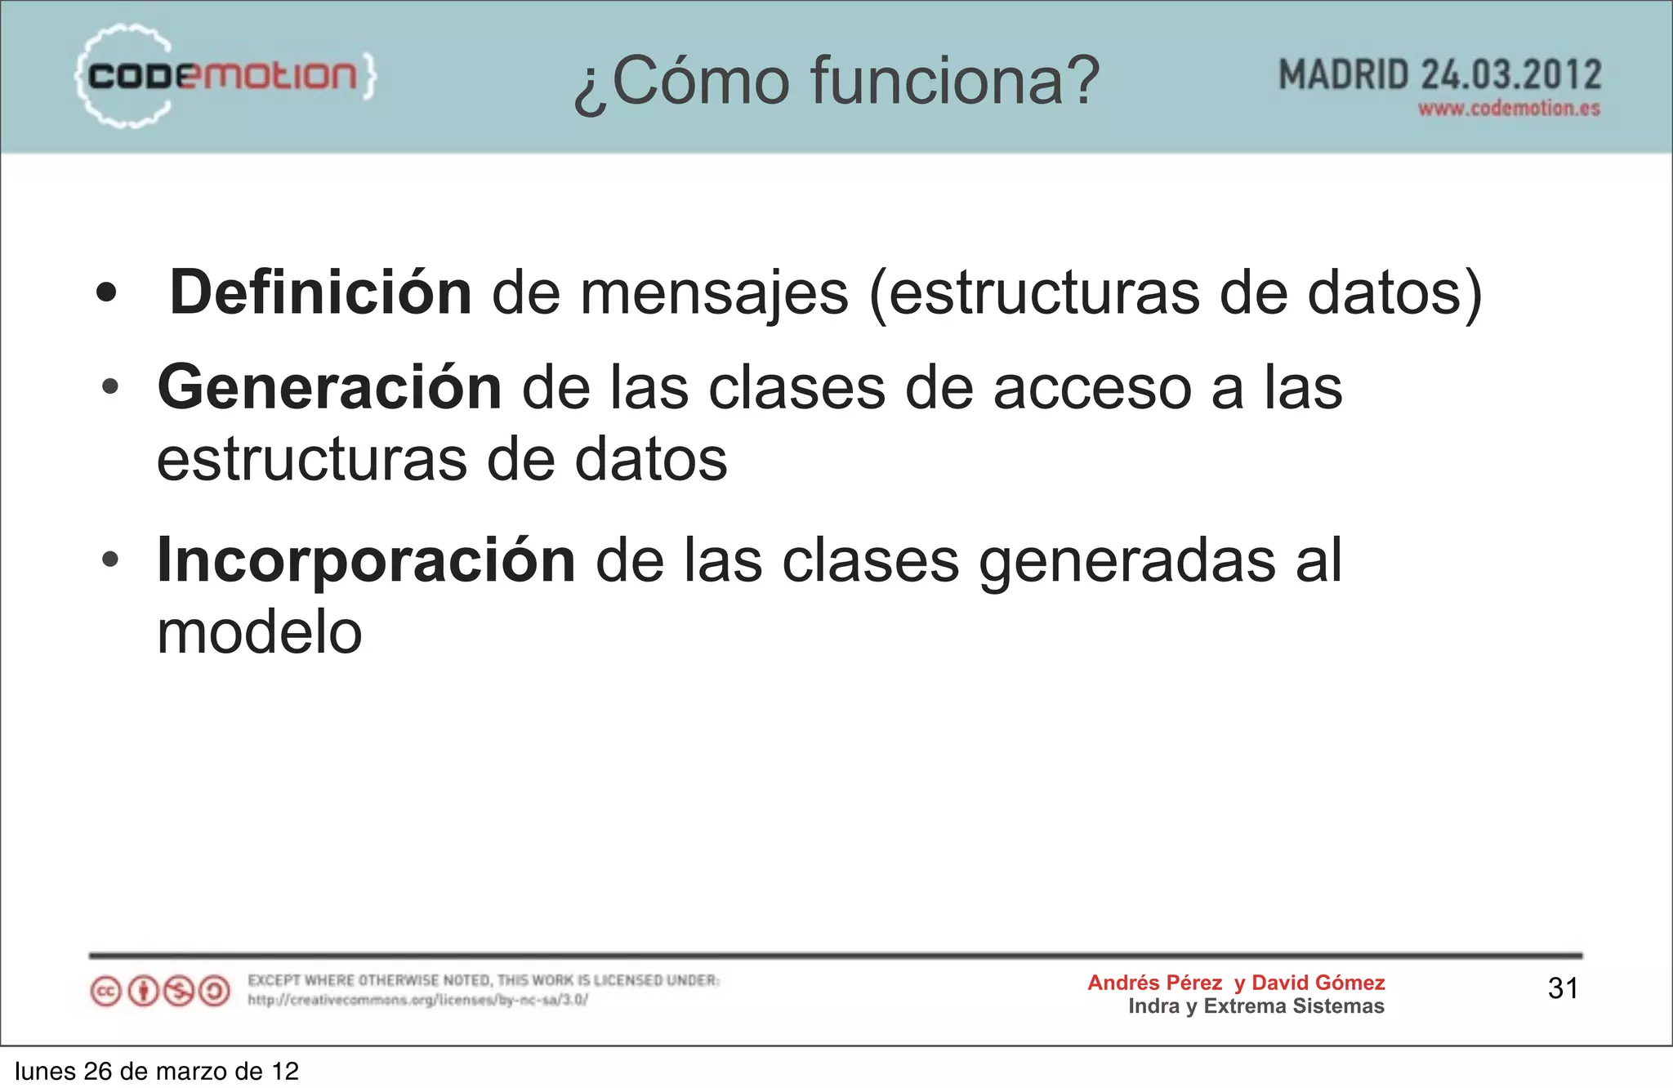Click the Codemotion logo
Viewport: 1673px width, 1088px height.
coord(225,76)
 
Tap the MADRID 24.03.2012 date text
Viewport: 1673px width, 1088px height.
coord(1439,75)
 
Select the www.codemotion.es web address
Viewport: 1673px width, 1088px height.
coord(1509,109)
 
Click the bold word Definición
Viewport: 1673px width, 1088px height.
coord(320,292)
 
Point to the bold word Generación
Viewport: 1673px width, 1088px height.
coord(329,387)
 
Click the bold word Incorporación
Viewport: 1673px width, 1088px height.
coord(366,560)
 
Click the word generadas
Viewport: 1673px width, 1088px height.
coord(1126,562)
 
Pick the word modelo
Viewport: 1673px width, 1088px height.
coord(259,632)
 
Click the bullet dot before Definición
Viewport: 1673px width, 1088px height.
coord(106,292)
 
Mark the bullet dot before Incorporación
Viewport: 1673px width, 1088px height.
coord(111,560)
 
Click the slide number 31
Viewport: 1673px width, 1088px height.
coord(1563,988)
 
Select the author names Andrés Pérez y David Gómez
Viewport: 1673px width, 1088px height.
coord(1236,983)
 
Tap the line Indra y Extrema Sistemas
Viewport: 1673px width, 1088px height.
coord(1256,1006)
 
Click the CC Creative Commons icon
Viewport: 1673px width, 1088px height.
coord(105,992)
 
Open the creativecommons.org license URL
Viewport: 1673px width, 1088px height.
coord(417,1000)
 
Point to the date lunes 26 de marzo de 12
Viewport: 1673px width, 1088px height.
coord(157,1071)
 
